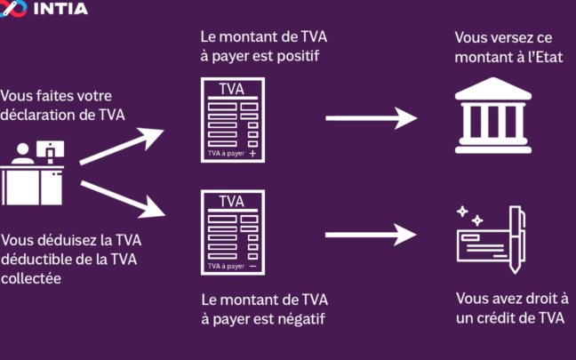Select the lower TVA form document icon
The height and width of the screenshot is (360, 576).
point(231,232)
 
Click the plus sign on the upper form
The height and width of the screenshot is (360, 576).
point(253,154)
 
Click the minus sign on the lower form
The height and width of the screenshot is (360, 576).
point(253,266)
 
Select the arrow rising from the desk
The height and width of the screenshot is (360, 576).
point(122,148)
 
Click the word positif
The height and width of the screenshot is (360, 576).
point(294,56)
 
